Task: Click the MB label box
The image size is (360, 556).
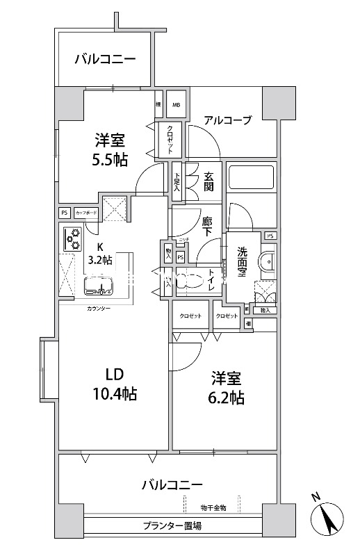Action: pyautogui.click(x=176, y=106)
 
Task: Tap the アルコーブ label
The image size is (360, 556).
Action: pyautogui.click(x=227, y=120)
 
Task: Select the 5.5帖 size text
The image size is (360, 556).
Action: pyautogui.click(x=110, y=161)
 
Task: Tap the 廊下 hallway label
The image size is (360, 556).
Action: pyautogui.click(x=207, y=227)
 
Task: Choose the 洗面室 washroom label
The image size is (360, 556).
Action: pyautogui.click(x=242, y=263)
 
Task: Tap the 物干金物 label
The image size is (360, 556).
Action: pyautogui.click(x=213, y=508)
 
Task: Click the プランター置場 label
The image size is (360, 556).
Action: pyautogui.click(x=172, y=526)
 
